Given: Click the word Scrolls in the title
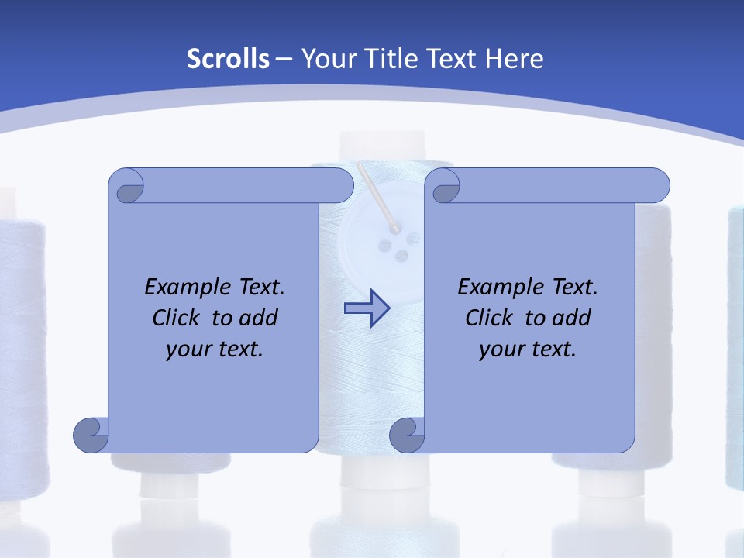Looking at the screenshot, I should (229, 59).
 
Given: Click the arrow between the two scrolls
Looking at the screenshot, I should (367, 308).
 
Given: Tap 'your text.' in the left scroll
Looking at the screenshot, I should (215, 349).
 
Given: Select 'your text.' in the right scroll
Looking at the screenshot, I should (528, 349).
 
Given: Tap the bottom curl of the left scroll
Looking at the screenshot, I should (91, 435).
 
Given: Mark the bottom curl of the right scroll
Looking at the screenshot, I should (407, 435).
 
